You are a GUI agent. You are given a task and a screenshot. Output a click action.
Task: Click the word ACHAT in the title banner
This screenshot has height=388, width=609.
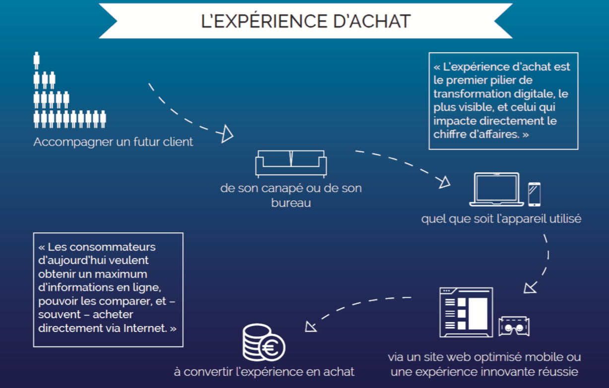coord(380,21)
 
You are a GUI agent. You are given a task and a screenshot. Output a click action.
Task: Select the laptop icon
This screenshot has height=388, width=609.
coord(496,190)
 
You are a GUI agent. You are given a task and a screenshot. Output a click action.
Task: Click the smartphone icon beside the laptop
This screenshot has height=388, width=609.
coord(534,194)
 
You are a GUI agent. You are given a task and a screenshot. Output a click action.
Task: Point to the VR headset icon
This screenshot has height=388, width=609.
coord(514,326)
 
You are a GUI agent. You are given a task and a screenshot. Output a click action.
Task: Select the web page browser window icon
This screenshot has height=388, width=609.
coord(466,313)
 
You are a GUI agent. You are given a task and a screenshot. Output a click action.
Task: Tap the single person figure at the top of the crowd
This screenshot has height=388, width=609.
coord(36,61)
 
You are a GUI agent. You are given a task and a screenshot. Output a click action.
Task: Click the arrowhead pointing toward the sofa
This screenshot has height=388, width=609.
coord(227,134)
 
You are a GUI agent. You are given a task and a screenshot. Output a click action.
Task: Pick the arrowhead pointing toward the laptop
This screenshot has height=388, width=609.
coord(445,182)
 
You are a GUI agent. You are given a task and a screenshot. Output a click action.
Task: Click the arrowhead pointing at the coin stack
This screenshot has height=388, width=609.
coord(310,326)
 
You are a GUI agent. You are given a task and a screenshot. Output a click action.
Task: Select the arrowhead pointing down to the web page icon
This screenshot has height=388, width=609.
coord(530,288)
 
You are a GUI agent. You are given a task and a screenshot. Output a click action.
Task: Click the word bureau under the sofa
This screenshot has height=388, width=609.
coord(291,203)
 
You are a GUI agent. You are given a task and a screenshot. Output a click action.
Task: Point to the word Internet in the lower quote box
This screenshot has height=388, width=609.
coord(145,328)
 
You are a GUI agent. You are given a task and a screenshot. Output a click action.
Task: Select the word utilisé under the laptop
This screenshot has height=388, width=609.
coord(565,219)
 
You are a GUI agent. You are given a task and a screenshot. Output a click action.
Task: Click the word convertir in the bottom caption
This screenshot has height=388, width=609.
coord(206,372)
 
